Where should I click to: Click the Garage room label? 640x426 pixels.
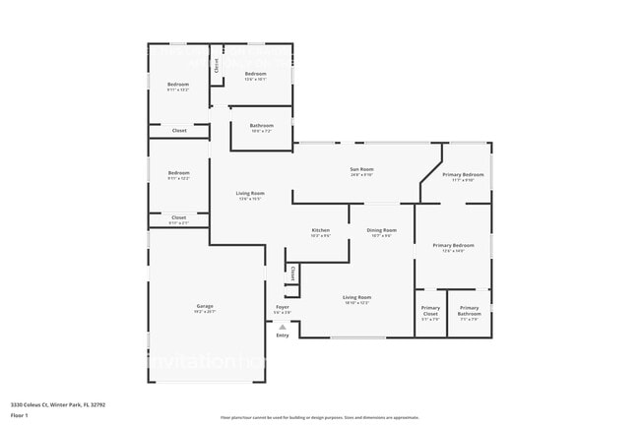pyautogui.click(x=205, y=307)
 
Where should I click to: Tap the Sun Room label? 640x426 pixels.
pyautogui.click(x=361, y=170)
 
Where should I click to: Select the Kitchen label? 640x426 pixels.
pyautogui.click(x=320, y=231)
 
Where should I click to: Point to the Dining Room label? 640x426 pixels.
pyautogui.click(x=381, y=231)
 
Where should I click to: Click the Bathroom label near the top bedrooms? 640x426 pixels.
pyautogui.click(x=261, y=126)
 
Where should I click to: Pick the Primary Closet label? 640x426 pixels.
pyautogui.click(x=430, y=309)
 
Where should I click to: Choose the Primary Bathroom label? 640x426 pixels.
pyautogui.click(x=469, y=309)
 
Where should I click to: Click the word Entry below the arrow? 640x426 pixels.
pyautogui.click(x=283, y=335)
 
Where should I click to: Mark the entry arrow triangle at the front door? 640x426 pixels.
pyautogui.click(x=283, y=326)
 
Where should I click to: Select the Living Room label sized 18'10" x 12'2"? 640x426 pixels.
pyautogui.click(x=356, y=298)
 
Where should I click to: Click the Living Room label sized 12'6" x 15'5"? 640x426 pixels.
pyautogui.click(x=250, y=194)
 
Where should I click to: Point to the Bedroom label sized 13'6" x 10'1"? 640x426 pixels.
pyautogui.click(x=255, y=75)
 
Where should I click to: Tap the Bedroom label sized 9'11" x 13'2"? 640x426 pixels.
pyautogui.click(x=177, y=86)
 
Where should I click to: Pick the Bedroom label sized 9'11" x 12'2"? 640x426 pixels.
pyautogui.click(x=177, y=175)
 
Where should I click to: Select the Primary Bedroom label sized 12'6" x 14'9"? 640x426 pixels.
pyautogui.click(x=453, y=246)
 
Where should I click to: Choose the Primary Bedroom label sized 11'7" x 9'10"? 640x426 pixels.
pyautogui.click(x=463, y=176)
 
